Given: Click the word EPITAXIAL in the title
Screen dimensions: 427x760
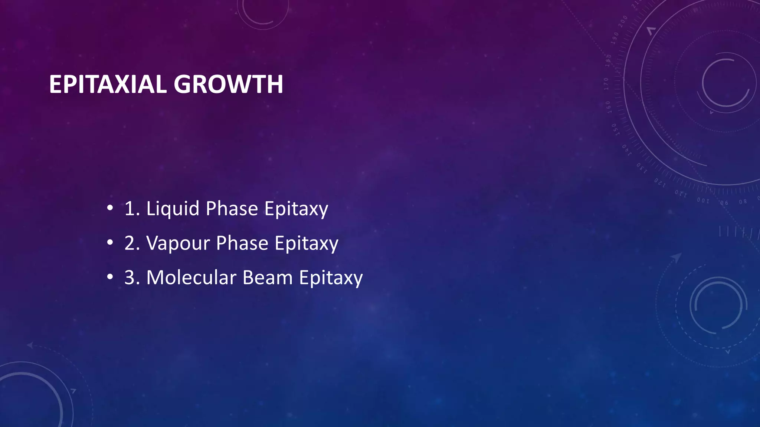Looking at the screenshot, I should pos(108,84).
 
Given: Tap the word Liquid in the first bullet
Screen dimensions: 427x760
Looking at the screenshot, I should pos(173,209).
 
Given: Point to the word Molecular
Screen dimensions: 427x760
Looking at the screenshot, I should pos(191,277).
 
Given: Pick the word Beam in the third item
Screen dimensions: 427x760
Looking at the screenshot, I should pos(267,277).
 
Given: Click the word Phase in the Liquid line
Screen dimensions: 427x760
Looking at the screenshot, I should pos(232,209).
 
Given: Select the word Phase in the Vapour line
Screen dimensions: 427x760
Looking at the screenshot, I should pos(242,243).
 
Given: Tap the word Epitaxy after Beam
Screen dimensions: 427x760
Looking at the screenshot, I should pos(331,278).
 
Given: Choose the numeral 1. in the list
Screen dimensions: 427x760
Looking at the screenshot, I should pos(132,209).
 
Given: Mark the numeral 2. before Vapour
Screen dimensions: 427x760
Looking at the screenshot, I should pos(132,243).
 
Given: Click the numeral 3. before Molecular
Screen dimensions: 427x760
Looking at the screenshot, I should pos(132,277).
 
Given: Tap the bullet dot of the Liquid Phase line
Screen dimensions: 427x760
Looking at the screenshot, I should pos(109,208).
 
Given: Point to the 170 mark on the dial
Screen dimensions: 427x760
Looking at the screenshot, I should pos(606,84).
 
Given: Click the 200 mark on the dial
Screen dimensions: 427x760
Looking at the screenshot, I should pos(623,21).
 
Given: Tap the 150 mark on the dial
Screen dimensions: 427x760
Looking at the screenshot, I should pos(615,129).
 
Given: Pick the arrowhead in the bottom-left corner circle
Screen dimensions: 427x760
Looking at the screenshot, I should pos(73,391).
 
